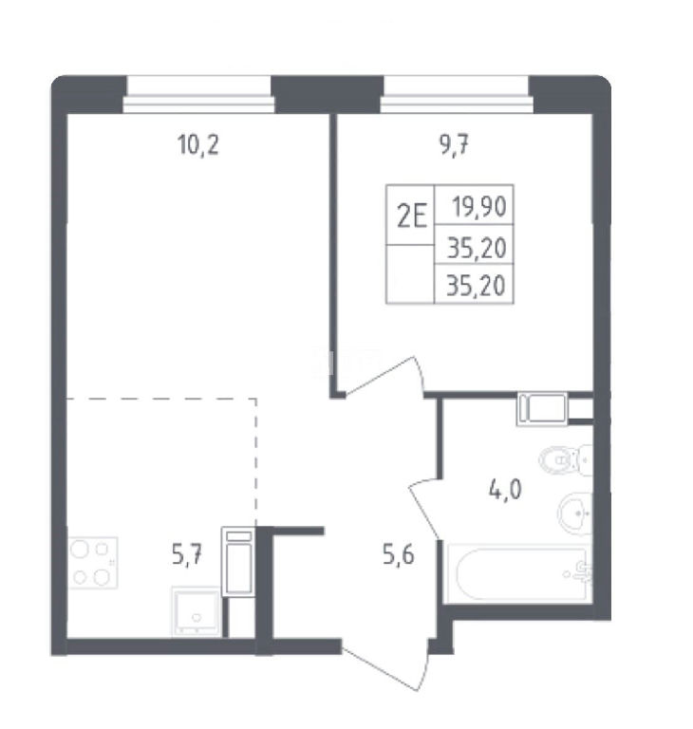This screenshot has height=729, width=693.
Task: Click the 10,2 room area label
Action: (198, 144)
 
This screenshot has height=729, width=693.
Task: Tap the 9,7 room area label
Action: (454, 145)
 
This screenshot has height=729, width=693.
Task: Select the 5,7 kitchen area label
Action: (187, 554)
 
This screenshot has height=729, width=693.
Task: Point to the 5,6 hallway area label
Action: (399, 554)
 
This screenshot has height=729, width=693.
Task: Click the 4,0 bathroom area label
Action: (505, 490)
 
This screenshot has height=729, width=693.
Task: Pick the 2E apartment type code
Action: (412, 215)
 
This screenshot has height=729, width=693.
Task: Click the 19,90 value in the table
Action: (479, 207)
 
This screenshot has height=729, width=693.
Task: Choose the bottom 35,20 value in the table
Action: (476, 285)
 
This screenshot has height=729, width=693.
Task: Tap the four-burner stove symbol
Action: (92, 563)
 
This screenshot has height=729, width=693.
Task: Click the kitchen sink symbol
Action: (196, 611)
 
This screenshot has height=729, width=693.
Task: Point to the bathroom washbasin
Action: (575, 513)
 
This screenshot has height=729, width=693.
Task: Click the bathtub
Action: (518, 574)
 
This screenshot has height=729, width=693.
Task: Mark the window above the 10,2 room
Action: (198, 94)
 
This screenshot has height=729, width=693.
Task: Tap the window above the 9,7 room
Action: (457, 94)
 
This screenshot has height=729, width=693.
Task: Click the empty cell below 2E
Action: (410, 273)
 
